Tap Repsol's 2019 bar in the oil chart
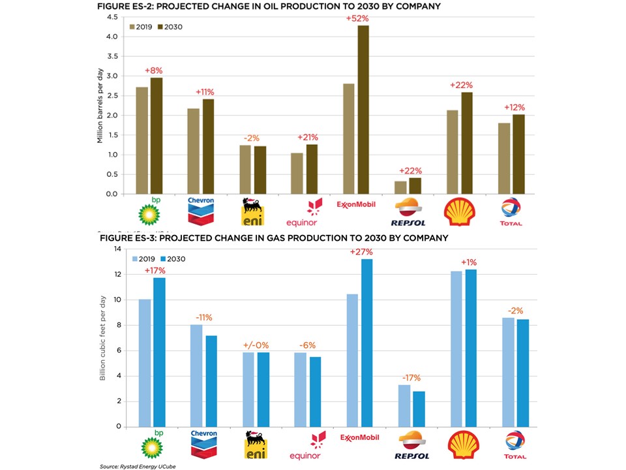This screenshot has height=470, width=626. coord(400,187)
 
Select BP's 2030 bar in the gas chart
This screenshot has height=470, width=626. coord(159,352)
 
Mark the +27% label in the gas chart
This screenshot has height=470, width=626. coord(361,252)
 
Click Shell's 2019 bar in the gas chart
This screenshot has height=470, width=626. coord(456,349)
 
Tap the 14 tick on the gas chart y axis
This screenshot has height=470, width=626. coord(117,249)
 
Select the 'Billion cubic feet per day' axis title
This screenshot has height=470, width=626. coord(103,338)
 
